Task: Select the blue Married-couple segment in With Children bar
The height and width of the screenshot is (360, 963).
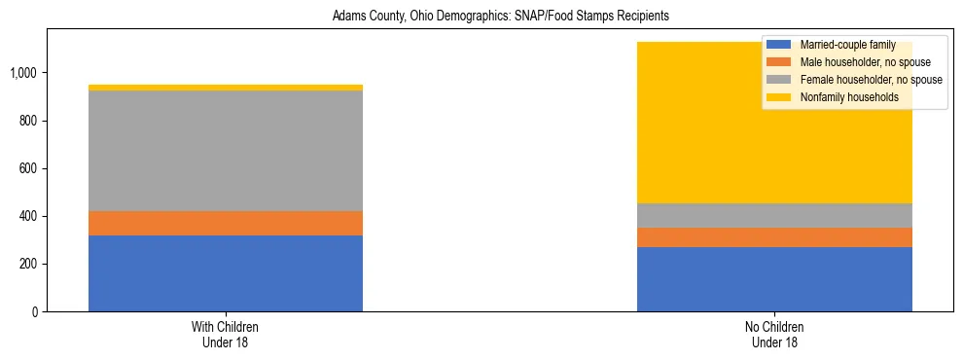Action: click(x=226, y=273)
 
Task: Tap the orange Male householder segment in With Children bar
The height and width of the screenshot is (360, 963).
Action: click(x=226, y=223)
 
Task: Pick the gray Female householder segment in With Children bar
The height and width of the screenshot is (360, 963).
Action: click(x=226, y=151)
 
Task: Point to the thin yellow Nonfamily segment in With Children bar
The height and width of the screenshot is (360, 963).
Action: click(x=226, y=88)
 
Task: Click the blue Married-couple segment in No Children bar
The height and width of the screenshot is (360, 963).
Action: click(x=774, y=279)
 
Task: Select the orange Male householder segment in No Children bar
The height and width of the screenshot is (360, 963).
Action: click(x=774, y=237)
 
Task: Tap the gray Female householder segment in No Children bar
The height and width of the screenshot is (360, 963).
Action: click(x=774, y=215)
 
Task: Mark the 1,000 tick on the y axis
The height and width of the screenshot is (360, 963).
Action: click(x=25, y=73)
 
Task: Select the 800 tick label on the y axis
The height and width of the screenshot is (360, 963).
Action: click(x=29, y=121)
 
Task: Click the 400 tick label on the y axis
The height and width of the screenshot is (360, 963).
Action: click(x=29, y=216)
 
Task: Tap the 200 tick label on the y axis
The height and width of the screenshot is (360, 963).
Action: click(x=29, y=264)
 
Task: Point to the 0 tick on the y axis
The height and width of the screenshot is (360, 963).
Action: click(x=34, y=311)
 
